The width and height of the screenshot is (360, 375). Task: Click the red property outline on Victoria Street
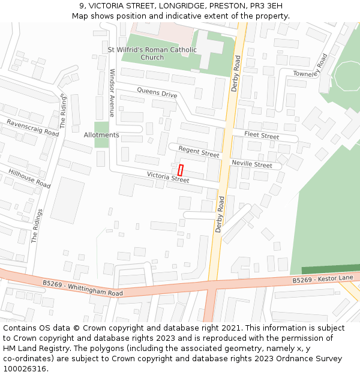[x=181, y=170]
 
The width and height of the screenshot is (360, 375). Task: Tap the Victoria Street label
[x=168, y=176]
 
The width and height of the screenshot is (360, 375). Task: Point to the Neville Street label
[x=251, y=164]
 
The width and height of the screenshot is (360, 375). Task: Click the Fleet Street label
[x=262, y=136]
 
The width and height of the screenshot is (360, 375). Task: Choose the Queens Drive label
[x=157, y=93]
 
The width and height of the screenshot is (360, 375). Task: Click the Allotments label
[x=101, y=135]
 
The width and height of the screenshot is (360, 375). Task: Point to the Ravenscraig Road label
[x=32, y=127]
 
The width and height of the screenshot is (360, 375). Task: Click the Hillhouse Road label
[x=29, y=178]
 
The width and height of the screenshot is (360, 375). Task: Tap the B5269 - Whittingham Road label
[x=83, y=287]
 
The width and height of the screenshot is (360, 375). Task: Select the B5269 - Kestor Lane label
[x=323, y=279]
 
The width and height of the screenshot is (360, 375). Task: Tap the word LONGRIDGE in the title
[x=175, y=6]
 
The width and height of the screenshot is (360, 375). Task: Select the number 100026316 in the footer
[x=25, y=368]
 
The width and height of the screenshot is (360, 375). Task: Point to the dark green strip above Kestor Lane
[x=331, y=269]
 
